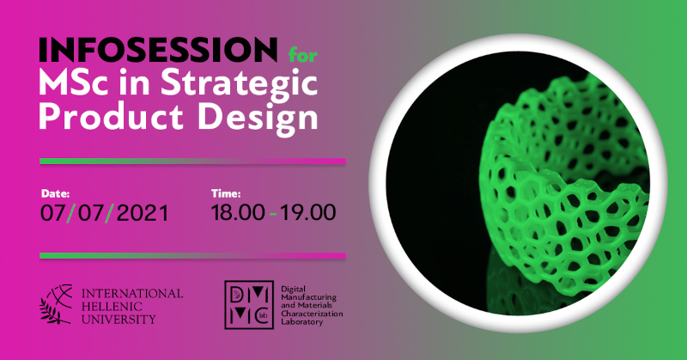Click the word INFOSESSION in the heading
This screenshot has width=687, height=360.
158,50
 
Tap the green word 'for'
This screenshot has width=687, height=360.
303,55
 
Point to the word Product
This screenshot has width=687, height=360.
112,117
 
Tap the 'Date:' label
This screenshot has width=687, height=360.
55,193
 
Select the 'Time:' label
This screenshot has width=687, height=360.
226,193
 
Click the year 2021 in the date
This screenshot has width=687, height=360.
143,213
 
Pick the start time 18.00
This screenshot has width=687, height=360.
238,213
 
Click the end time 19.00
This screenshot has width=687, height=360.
308,213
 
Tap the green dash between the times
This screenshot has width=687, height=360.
273,215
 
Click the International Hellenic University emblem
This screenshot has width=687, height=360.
57,304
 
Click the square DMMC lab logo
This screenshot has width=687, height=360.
249,305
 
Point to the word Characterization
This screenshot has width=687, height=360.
312,314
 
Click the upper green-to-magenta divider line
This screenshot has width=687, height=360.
192,162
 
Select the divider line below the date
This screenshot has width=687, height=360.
192,256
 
